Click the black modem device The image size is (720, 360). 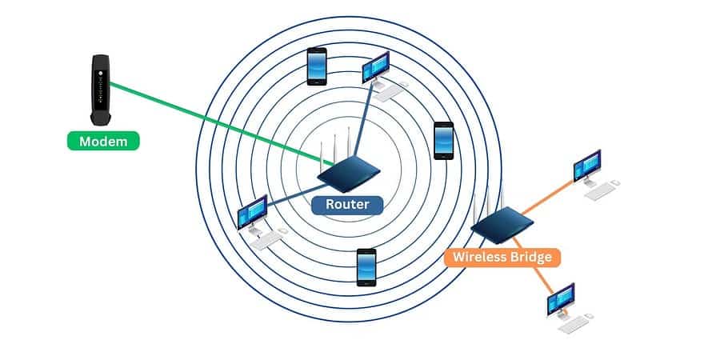coord(100,89)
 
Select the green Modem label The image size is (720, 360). coord(102,142)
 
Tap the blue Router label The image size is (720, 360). coord(346,205)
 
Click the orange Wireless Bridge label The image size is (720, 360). coord(502,257)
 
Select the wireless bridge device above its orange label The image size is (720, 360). coord(497,226)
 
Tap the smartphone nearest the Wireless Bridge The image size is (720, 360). coord(443,140)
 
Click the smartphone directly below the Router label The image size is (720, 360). coord(366,266)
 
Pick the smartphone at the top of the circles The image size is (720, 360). coord(317,66)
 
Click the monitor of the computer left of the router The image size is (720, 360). coord(254,213)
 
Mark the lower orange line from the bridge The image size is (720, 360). coord(534,263)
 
